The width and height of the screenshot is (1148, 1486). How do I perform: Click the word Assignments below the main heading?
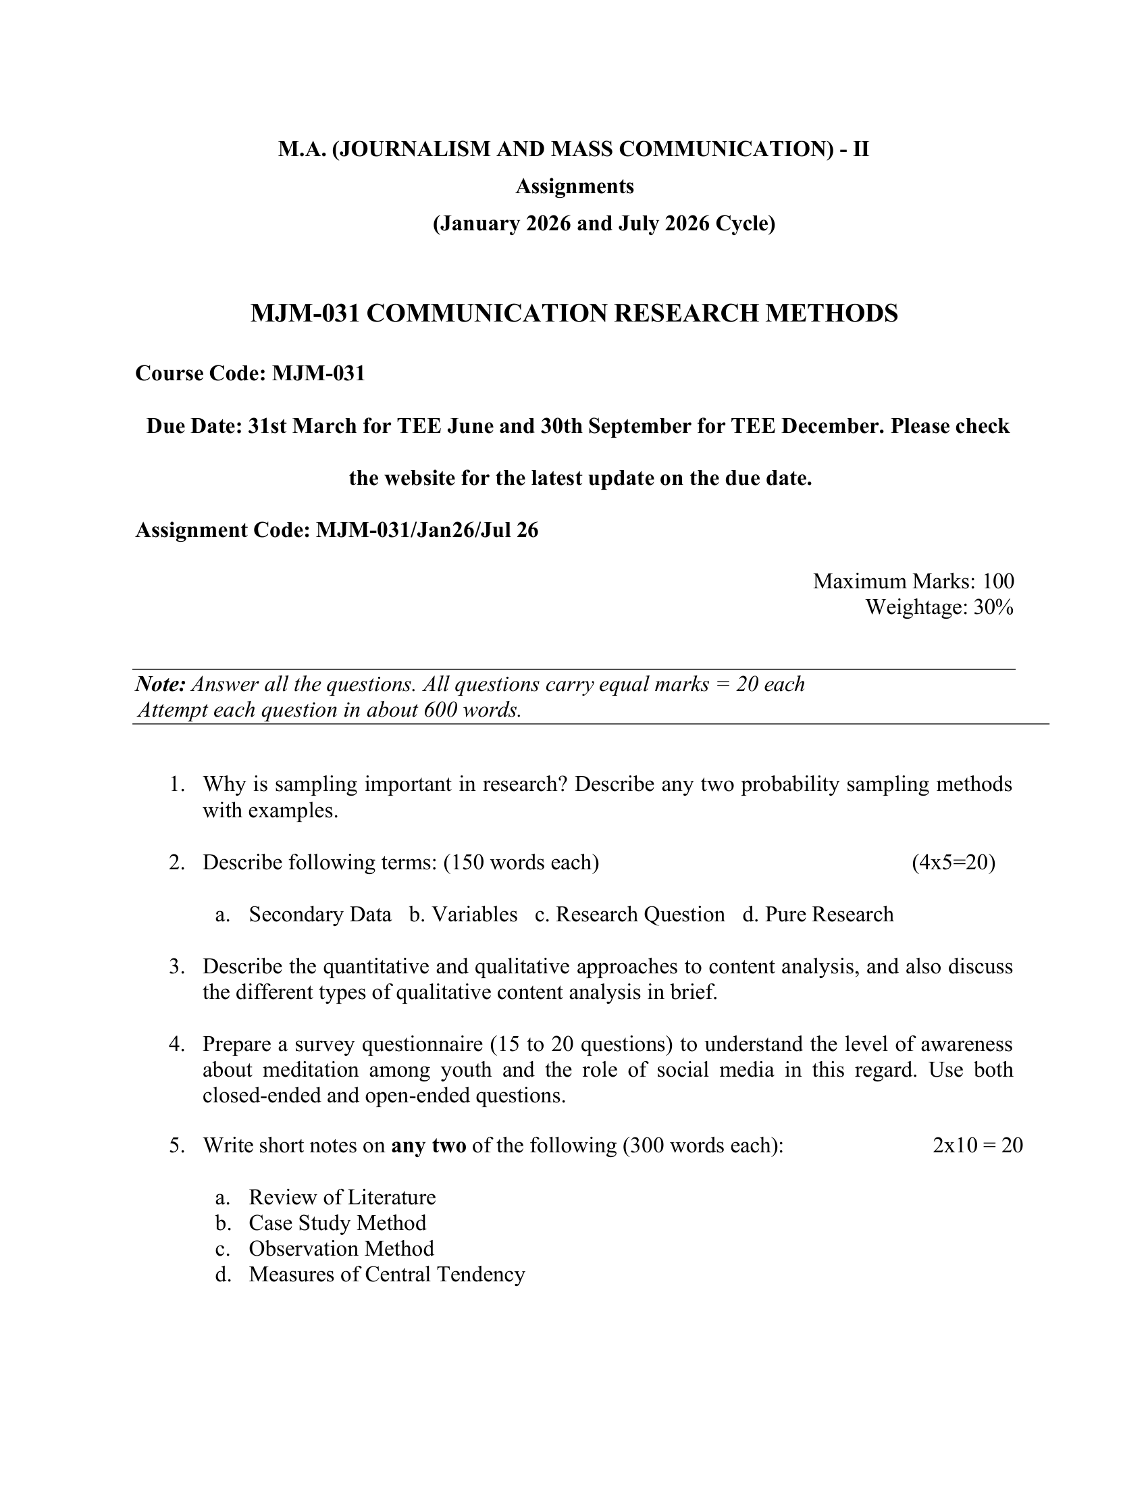[x=574, y=186]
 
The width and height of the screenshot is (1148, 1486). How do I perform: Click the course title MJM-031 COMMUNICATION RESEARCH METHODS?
[x=574, y=313]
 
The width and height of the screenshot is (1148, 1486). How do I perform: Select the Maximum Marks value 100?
[x=997, y=581]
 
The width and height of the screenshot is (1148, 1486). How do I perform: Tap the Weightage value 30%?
[x=993, y=607]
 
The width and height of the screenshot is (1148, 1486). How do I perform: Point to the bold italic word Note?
[x=161, y=684]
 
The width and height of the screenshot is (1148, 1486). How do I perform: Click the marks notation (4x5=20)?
[x=953, y=863]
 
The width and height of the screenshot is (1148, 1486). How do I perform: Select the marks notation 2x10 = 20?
[x=977, y=1146]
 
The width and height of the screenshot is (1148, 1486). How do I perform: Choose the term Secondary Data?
[x=319, y=915]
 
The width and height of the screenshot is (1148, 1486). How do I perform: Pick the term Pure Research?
[x=829, y=915]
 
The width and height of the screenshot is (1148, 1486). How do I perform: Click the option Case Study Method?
[x=338, y=1223]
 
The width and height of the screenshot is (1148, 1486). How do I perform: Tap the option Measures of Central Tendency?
[x=386, y=1275]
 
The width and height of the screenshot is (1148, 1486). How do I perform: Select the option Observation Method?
[x=341, y=1249]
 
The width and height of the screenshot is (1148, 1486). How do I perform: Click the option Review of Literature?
[x=342, y=1198]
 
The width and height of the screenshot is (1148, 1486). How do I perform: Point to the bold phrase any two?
[x=428, y=1146]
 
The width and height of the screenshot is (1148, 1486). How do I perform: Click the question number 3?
[x=176, y=967]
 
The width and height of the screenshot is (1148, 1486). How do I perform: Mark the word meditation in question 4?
[x=310, y=1071]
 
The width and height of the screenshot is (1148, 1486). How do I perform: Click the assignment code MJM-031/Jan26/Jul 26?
[x=426, y=530]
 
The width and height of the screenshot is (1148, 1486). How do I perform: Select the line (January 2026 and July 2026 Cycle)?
[x=604, y=224]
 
